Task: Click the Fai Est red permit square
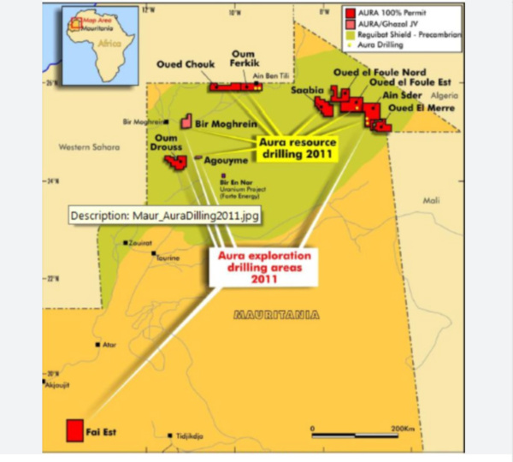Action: [x=75, y=429]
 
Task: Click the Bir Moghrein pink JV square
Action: [x=186, y=125]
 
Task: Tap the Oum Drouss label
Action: [x=167, y=142]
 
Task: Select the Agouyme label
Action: [x=225, y=160]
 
